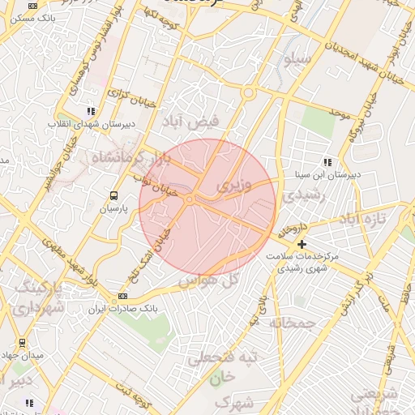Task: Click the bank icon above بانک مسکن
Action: click(32, 6)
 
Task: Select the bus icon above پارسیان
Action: click(113, 195)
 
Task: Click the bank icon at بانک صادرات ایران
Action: click(123, 296)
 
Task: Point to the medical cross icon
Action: click(302, 243)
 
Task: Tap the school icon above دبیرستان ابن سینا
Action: click(327, 161)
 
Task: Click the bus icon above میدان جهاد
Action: click(21, 343)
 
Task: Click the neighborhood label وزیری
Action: click(235, 186)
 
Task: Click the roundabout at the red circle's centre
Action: click(189, 199)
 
